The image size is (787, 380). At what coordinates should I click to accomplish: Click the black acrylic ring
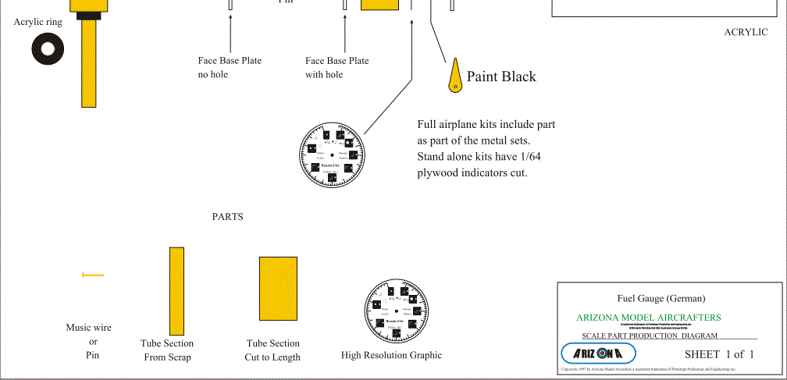(x=48, y=50)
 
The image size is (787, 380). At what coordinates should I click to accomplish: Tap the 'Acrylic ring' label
(x=38, y=22)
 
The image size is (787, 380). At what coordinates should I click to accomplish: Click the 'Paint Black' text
(x=501, y=76)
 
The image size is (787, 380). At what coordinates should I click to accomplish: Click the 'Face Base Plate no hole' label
(x=230, y=68)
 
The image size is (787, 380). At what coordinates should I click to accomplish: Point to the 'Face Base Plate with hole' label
(x=337, y=68)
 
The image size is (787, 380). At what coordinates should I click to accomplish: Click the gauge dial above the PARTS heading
(x=332, y=156)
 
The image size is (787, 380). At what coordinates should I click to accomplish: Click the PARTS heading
(x=228, y=217)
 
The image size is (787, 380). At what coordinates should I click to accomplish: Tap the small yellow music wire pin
(x=92, y=275)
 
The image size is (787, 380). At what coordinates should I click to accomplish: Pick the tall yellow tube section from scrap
(x=176, y=290)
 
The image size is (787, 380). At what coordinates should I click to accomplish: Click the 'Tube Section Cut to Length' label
(x=272, y=350)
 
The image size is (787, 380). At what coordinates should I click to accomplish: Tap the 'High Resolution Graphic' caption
(x=391, y=355)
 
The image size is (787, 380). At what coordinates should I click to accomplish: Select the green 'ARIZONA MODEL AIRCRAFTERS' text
(x=648, y=318)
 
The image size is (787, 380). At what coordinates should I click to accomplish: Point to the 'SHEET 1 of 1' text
(x=718, y=354)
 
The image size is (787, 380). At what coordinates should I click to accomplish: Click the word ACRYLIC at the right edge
(x=746, y=32)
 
